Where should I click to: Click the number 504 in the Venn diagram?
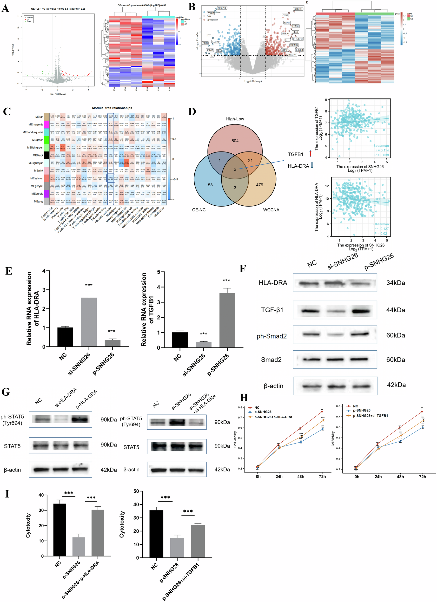click(x=235, y=141)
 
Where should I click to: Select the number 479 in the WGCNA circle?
click(x=259, y=185)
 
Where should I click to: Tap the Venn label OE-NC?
click(x=199, y=210)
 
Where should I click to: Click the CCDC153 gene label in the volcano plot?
click(x=298, y=9)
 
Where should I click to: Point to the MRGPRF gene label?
click(x=222, y=8)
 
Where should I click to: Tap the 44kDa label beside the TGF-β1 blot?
click(x=395, y=310)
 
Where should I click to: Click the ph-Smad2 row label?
click(x=271, y=336)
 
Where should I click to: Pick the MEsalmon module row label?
click(x=37, y=178)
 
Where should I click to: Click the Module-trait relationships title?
click(x=112, y=108)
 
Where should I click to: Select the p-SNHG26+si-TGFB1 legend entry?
click(x=370, y=416)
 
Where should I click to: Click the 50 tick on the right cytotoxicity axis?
click(x=136, y=491)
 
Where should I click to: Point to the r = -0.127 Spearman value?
click(x=382, y=229)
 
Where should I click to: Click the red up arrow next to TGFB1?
click(x=310, y=154)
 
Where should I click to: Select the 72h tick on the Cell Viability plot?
click(x=422, y=477)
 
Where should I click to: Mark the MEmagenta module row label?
click(x=36, y=124)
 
